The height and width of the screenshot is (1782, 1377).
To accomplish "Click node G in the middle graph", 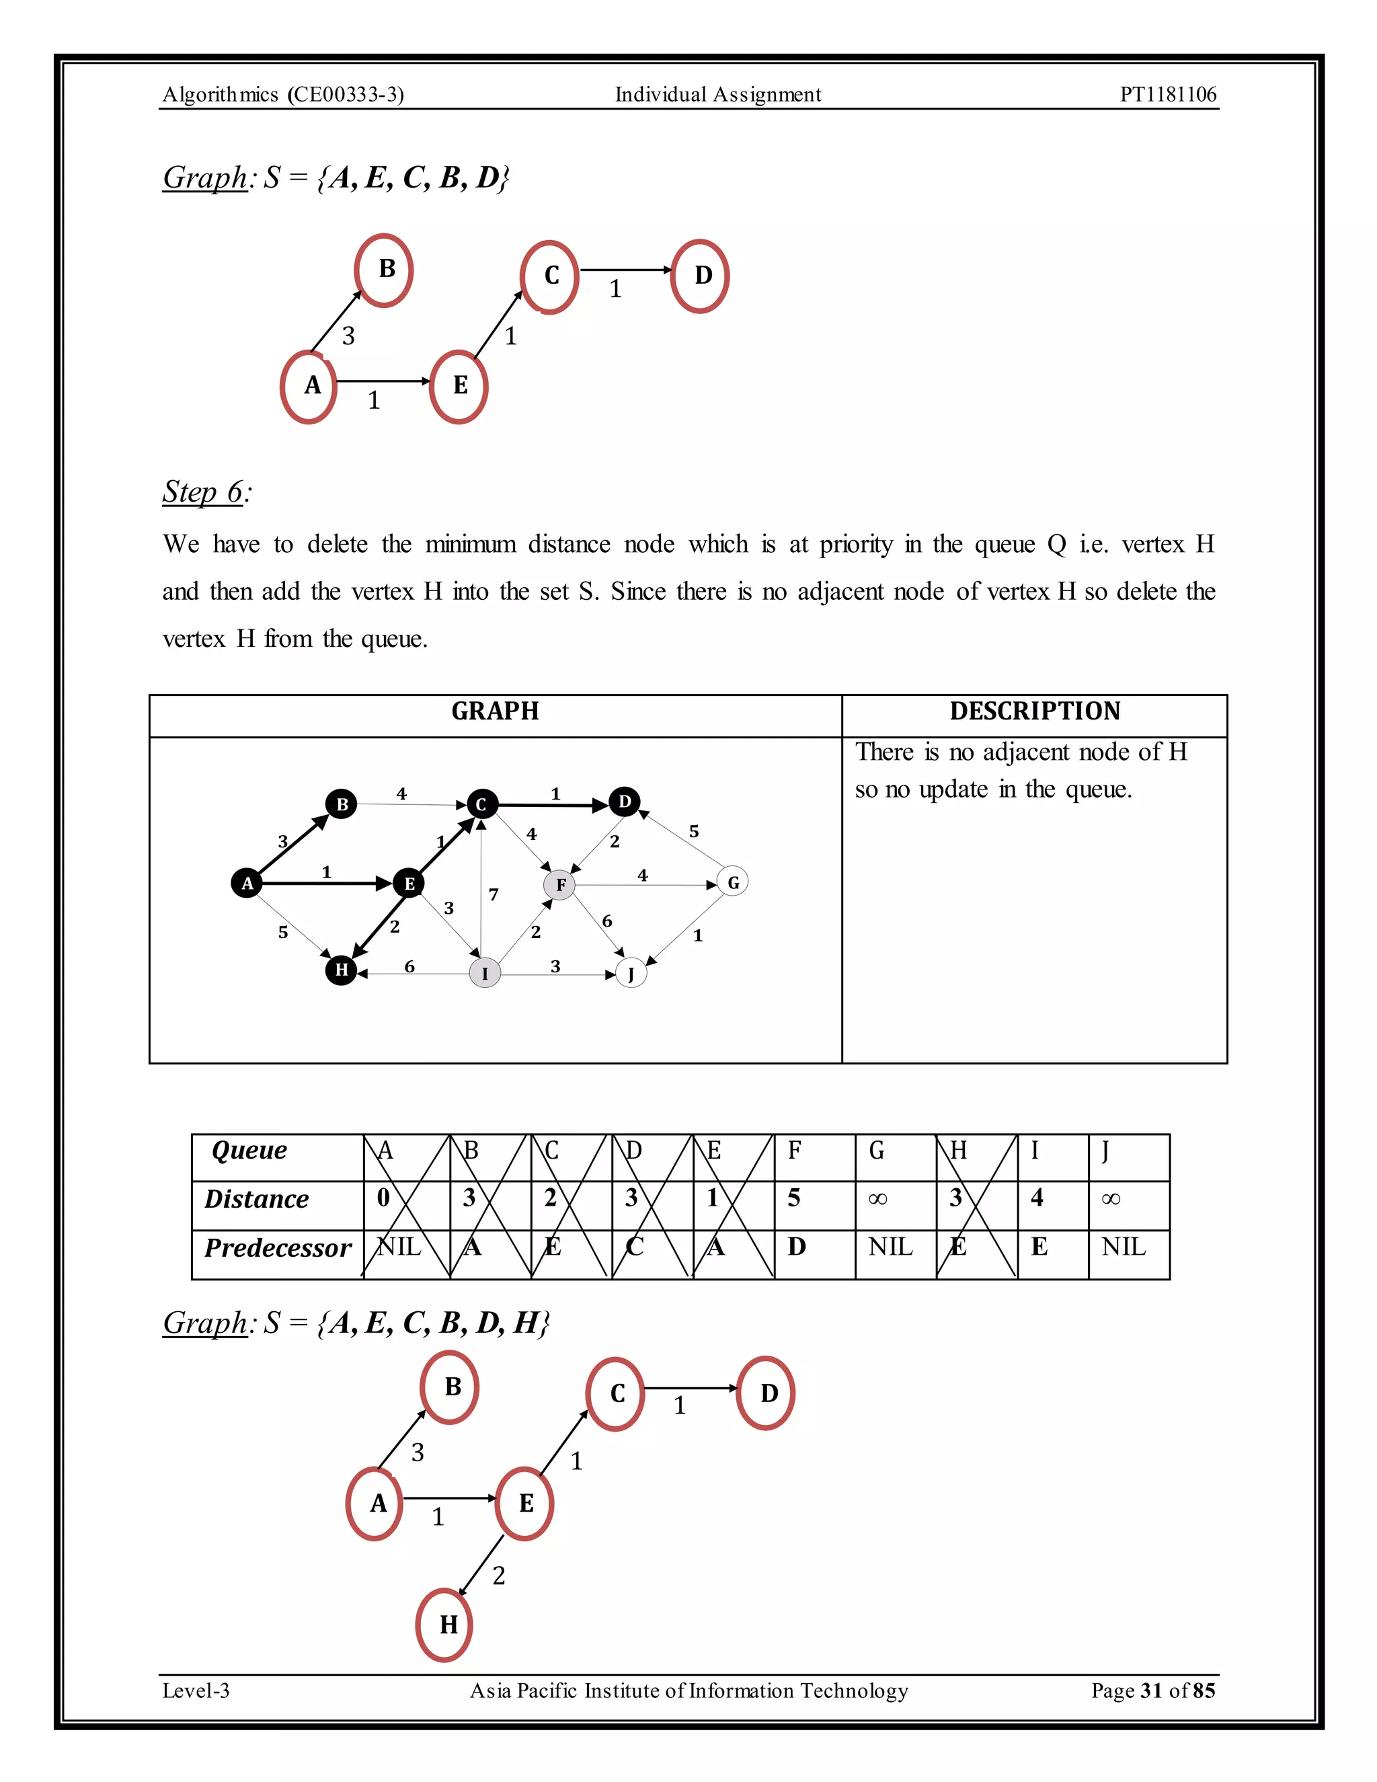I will pyautogui.click(x=733, y=882).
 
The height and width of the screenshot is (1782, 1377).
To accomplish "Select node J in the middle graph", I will pyautogui.click(x=631, y=974).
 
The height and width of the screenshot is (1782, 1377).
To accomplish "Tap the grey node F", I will pyautogui.click(x=559, y=884).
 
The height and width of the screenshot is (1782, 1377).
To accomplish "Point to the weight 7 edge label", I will pyautogui.click(x=494, y=895).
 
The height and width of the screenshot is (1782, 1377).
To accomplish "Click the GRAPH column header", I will pyautogui.click(x=495, y=711).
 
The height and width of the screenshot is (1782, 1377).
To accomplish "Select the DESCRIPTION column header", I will pyautogui.click(x=1034, y=711).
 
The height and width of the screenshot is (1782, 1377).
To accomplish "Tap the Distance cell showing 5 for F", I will pyautogui.click(x=795, y=1198).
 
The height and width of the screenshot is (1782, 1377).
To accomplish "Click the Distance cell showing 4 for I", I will pyautogui.click(x=1037, y=1198).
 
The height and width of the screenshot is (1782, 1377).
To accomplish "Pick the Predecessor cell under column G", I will pyautogui.click(x=890, y=1247).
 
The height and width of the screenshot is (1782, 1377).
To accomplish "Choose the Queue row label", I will pyautogui.click(x=249, y=1151).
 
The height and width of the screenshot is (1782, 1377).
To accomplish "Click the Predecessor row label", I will pyautogui.click(x=278, y=1248).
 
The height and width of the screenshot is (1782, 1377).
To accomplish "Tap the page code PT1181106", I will pyautogui.click(x=1167, y=95).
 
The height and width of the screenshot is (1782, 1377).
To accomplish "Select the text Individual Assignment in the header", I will pyautogui.click(x=718, y=95).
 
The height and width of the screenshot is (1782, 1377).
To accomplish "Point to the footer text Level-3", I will pyautogui.click(x=196, y=1690).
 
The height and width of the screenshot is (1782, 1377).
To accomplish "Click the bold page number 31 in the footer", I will pyautogui.click(x=1151, y=1690).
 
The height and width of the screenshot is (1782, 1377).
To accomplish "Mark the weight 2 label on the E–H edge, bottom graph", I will pyautogui.click(x=498, y=1575).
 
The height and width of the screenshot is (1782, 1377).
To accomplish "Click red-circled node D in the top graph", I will pyautogui.click(x=701, y=276).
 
